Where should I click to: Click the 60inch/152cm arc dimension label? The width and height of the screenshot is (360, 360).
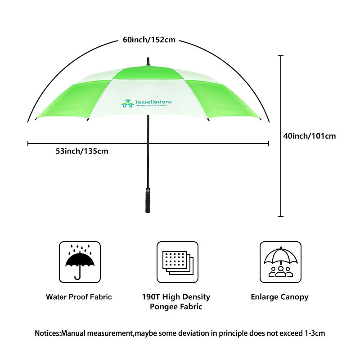(x=149, y=40)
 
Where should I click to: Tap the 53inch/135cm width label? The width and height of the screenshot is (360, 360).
(x=82, y=151)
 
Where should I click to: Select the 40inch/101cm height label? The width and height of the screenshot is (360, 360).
(x=310, y=135)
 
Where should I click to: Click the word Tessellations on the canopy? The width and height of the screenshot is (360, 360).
(x=153, y=102)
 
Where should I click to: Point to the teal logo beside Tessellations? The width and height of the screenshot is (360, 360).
(x=127, y=103)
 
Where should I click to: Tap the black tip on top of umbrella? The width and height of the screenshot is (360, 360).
(x=148, y=62)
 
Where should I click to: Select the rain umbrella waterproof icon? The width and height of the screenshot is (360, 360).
(x=80, y=262)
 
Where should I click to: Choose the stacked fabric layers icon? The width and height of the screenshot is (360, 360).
(x=177, y=262)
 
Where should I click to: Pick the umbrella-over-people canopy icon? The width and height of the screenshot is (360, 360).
(x=280, y=262)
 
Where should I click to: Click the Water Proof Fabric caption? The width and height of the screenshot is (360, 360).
(x=79, y=297)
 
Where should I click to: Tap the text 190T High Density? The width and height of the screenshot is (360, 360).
(x=176, y=297)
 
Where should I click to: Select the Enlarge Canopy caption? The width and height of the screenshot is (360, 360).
(x=279, y=297)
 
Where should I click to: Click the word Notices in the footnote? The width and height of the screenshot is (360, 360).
(x=47, y=333)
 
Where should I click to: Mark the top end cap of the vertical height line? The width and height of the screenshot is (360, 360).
(x=281, y=56)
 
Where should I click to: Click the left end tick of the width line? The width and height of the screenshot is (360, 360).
(x=28, y=144)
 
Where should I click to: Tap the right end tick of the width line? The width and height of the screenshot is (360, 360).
(x=269, y=144)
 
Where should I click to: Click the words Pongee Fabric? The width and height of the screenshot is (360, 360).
(x=176, y=307)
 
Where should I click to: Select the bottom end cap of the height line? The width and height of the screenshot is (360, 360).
(x=281, y=216)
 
